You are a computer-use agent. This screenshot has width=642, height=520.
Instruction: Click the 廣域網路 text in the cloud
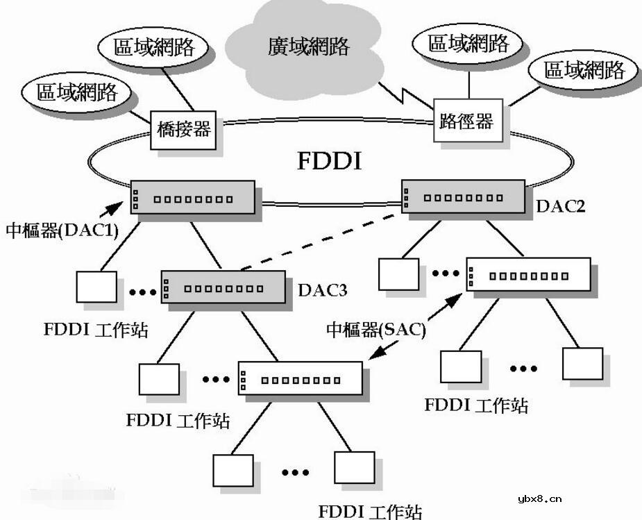pos(309,47)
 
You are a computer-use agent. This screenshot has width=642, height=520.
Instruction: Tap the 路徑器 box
pos(466,123)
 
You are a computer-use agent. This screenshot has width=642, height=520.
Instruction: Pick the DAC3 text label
pos(323,290)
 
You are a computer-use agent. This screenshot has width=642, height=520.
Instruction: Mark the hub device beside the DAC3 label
pos(223,286)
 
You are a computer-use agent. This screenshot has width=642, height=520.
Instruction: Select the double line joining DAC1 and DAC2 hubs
pos(328,204)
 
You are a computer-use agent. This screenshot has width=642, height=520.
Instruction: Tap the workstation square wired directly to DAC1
pos(96,287)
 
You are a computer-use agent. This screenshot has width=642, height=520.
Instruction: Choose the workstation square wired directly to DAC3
pos(159,378)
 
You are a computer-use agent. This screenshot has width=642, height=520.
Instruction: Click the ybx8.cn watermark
pos(540,498)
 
